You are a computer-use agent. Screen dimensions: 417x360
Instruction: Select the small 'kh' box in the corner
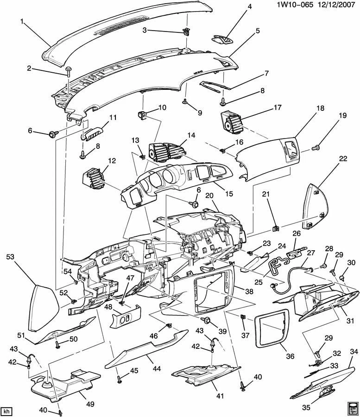6,411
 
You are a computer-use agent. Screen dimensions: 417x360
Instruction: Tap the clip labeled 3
187,32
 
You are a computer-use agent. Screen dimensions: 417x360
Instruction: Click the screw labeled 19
316,147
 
